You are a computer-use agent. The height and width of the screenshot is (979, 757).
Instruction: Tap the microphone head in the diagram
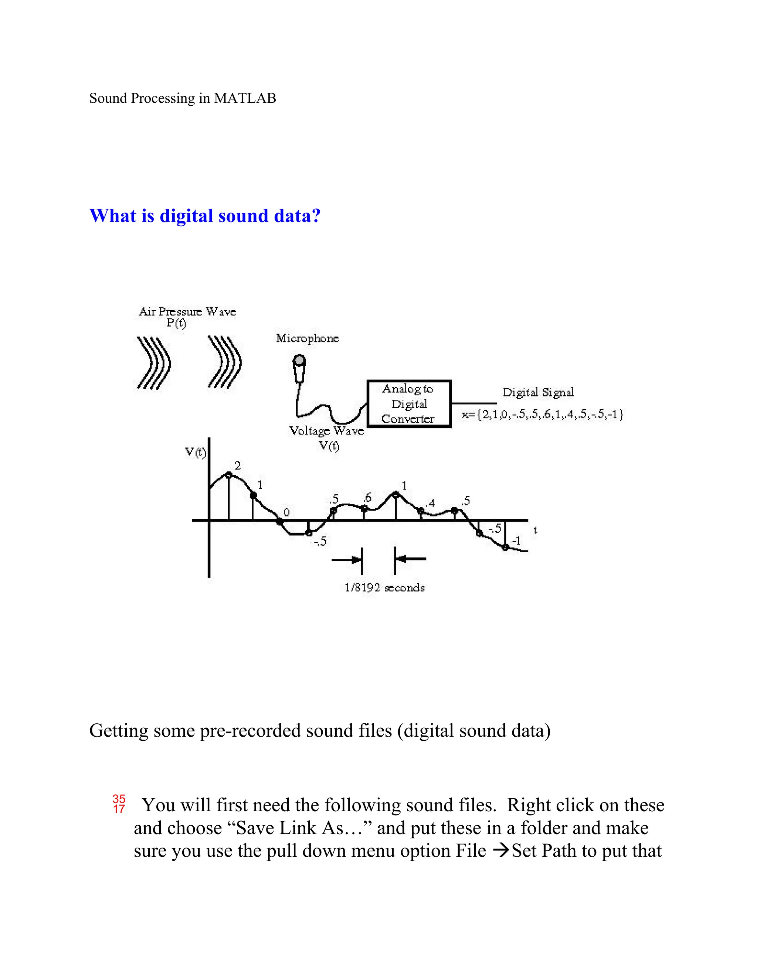pos(299,361)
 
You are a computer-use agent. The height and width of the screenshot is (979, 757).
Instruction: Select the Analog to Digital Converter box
pos(408,403)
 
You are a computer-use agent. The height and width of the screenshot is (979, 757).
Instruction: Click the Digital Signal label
pos(538,393)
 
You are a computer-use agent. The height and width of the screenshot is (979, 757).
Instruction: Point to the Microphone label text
pos(307,338)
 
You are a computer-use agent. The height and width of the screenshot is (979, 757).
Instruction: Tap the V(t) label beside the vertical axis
pos(196,453)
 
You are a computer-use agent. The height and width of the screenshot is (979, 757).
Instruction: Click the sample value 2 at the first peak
pos(238,466)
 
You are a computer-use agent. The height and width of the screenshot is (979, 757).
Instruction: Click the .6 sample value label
pos(367,498)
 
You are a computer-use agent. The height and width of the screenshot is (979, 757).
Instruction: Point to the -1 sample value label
pos(516,541)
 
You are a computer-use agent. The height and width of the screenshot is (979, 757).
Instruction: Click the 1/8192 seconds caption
pos(384,588)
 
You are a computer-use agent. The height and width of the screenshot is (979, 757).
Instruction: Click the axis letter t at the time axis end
pos(535,530)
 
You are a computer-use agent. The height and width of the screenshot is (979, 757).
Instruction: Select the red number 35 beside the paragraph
pos(119,799)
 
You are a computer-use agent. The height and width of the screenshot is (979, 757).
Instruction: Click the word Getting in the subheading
pos(118,731)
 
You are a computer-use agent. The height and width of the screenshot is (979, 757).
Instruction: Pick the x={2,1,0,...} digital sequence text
pos(543,415)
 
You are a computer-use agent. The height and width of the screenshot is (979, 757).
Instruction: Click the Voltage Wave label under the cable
pos(326,431)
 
